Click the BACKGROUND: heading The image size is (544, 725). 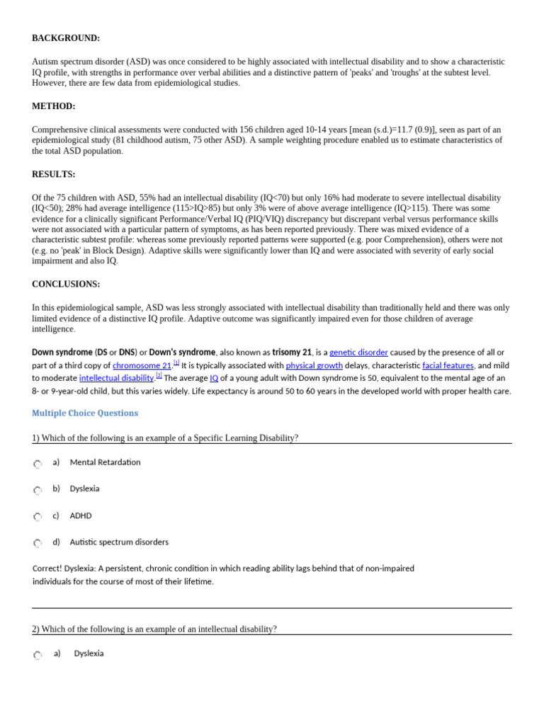click(66, 38)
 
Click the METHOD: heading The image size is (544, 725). click(53, 106)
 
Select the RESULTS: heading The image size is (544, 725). click(53, 174)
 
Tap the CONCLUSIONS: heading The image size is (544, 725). click(66, 284)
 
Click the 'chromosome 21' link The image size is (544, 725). click(142, 365)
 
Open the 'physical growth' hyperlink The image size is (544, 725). click(314, 365)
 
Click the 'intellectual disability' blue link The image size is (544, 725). click(116, 378)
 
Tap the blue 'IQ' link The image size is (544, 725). click(214, 378)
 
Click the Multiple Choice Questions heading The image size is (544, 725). click(85, 413)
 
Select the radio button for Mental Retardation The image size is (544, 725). click(38, 464)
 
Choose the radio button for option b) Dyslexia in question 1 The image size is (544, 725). click(38, 490)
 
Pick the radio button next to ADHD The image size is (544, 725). click(38, 517)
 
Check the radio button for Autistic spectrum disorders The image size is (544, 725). click(38, 543)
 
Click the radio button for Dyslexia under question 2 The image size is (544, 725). click(38, 655)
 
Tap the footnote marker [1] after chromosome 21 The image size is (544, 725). click(176, 362)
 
